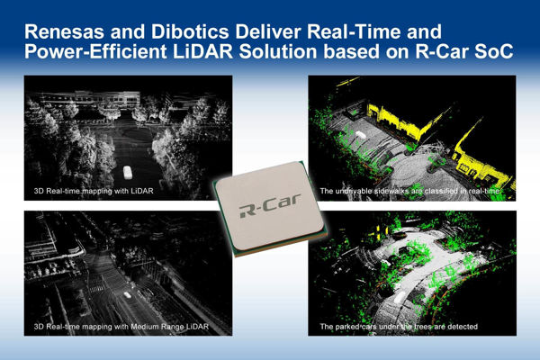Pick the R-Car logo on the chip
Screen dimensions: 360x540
click(270, 211)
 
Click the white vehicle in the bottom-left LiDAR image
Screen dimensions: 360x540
click(130, 294)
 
